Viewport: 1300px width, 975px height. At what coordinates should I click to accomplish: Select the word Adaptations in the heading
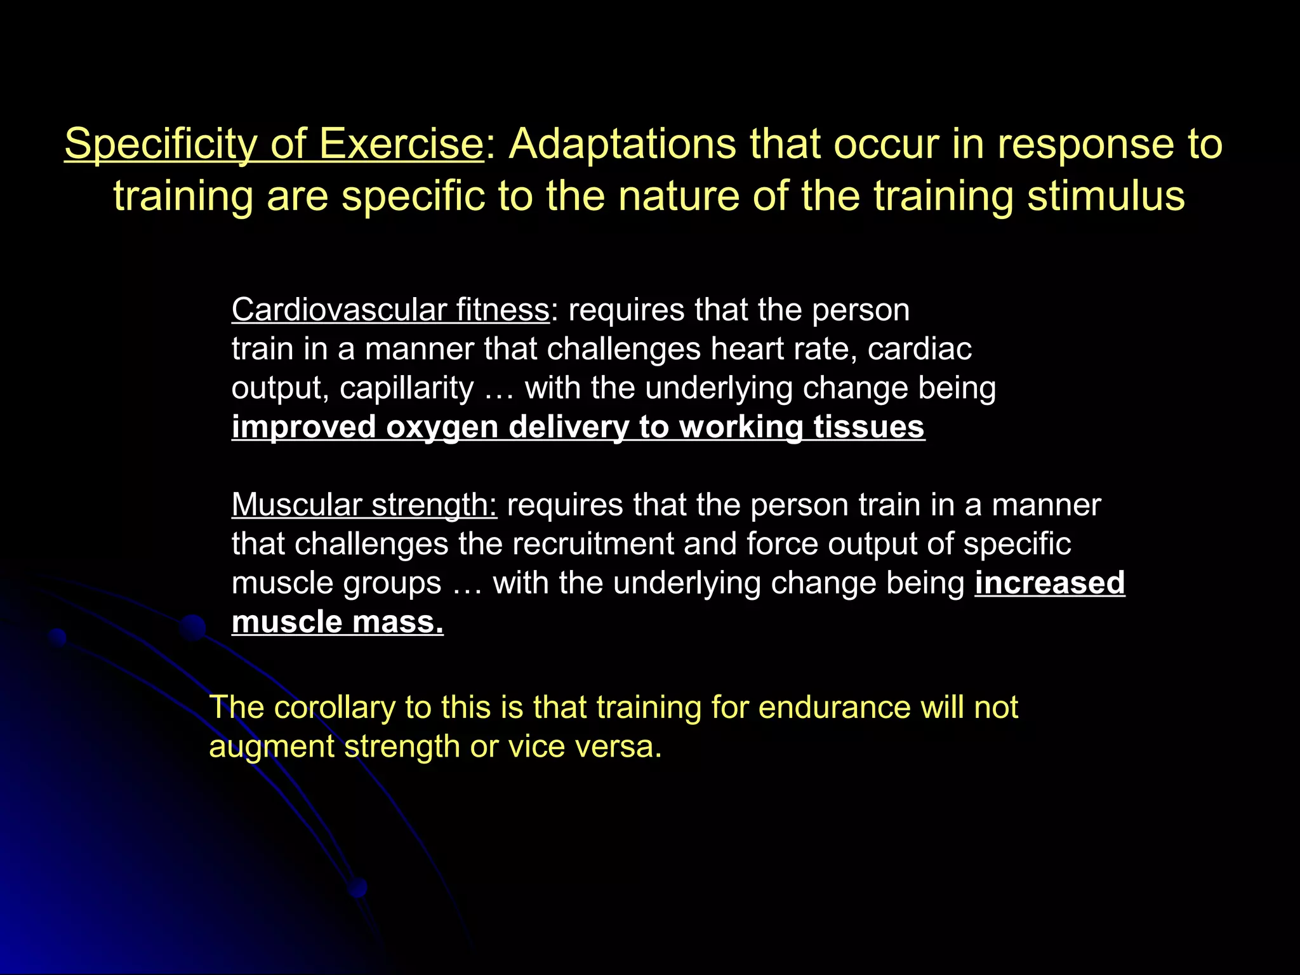coord(622,145)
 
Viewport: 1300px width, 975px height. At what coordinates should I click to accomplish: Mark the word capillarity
coord(406,388)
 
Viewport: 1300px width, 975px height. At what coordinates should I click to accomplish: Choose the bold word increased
coord(1050,583)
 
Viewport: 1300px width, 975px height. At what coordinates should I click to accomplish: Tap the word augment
coord(272,746)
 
